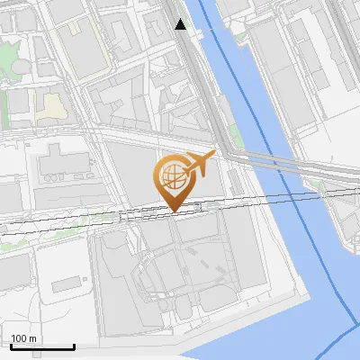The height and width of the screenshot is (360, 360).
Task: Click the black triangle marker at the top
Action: click(181, 25)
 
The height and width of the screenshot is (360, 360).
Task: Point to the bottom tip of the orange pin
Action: click(173, 212)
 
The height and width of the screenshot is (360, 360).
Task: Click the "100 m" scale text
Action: click(24, 338)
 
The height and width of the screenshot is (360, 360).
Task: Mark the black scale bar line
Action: click(41, 346)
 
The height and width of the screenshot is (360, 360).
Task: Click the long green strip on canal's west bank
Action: click(236, 135)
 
